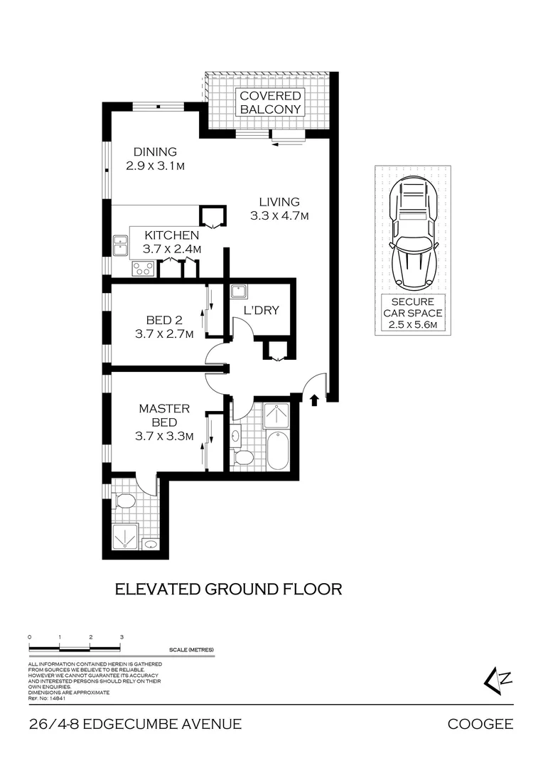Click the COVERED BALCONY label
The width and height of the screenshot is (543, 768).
pyautogui.click(x=270, y=102)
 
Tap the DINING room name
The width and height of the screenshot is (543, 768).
pyautogui.click(x=155, y=151)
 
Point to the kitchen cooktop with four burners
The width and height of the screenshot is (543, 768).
pyautogui.click(x=143, y=268)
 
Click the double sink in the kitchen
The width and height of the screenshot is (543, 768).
pyautogui.click(x=119, y=244)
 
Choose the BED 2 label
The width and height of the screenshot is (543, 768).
pyautogui.click(x=164, y=320)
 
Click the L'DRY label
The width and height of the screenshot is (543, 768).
pyautogui.click(x=261, y=311)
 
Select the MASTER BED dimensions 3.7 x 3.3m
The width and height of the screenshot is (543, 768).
pyautogui.click(x=164, y=437)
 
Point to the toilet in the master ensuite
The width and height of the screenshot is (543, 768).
pyautogui.click(x=126, y=501)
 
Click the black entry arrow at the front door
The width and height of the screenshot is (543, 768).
pyautogui.click(x=314, y=400)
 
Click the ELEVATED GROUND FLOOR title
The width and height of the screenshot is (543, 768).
pyautogui.click(x=229, y=589)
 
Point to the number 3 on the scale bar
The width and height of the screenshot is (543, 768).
pyautogui.click(x=122, y=637)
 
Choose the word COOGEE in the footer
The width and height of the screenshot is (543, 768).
pyautogui.click(x=480, y=725)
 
